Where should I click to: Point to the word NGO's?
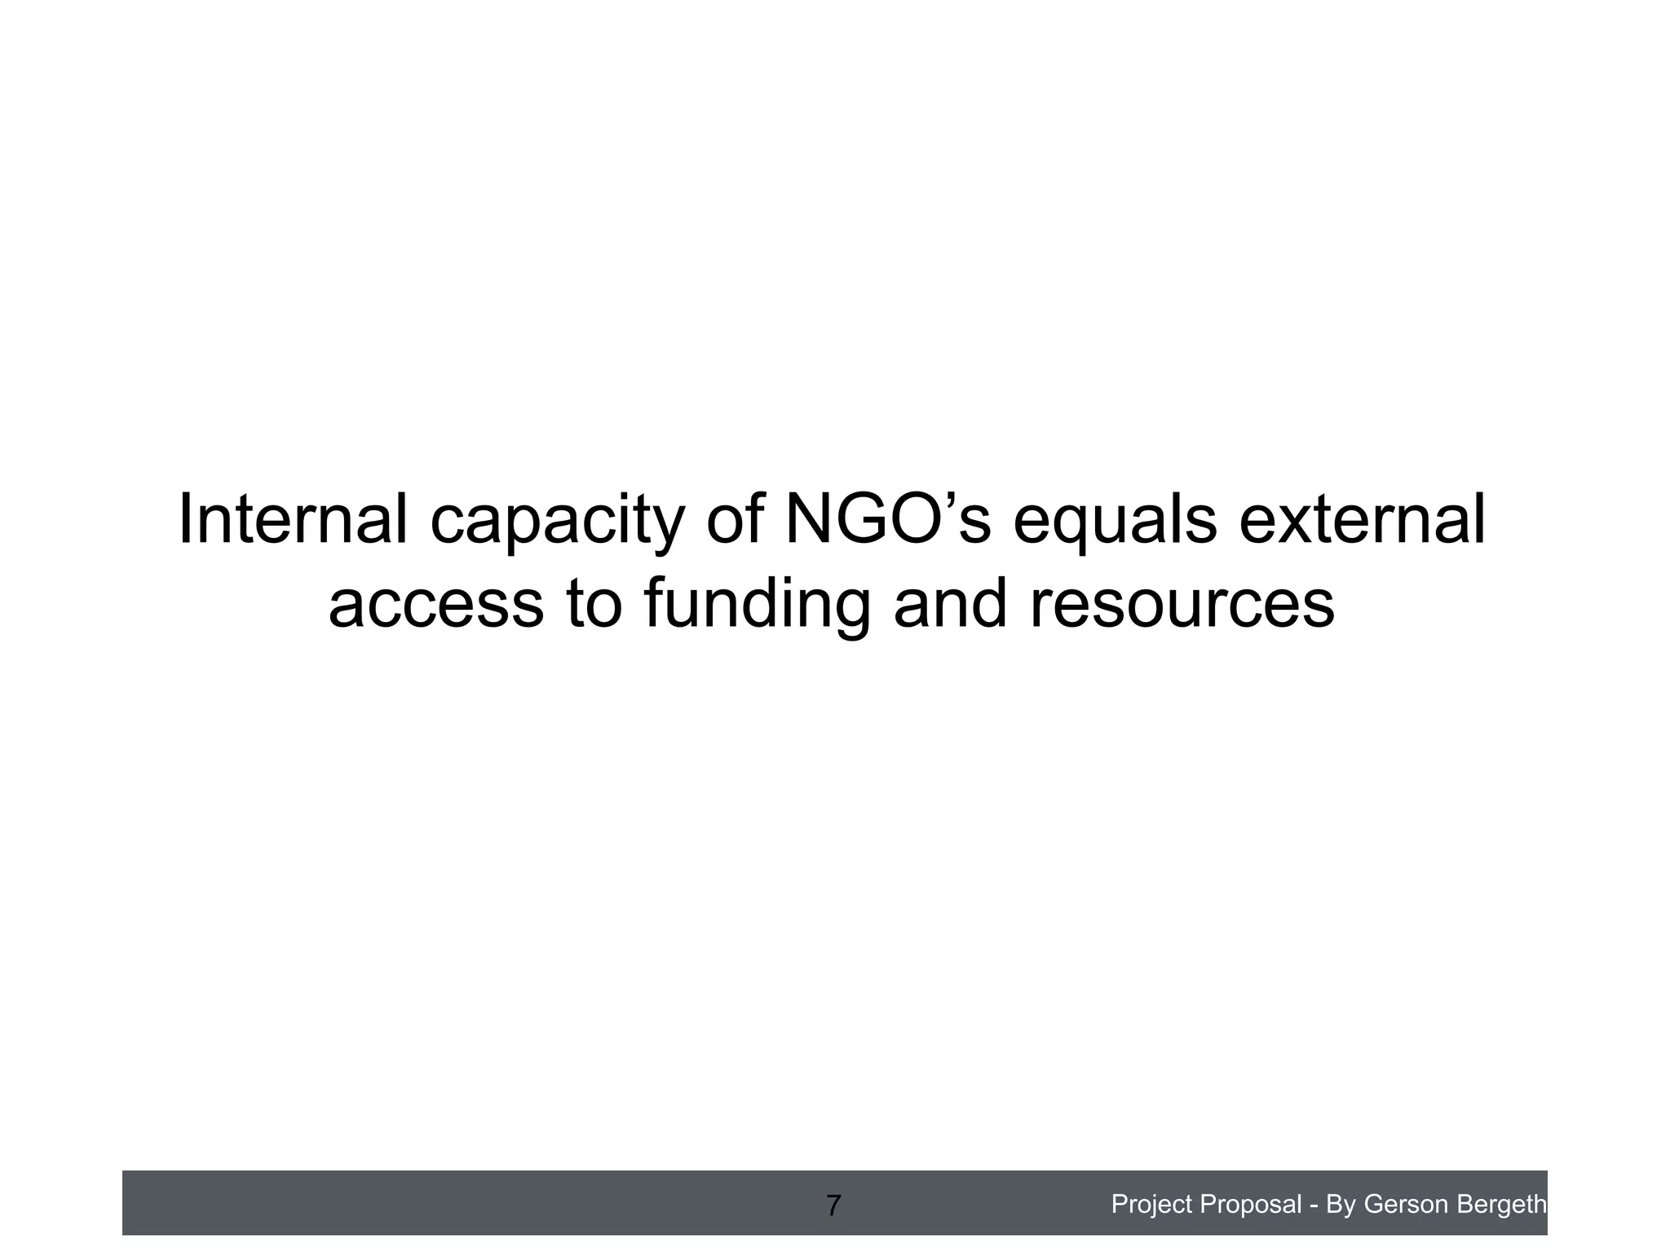tap(887, 520)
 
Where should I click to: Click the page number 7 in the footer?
tap(833, 1206)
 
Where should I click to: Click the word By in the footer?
tap(1341, 1204)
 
